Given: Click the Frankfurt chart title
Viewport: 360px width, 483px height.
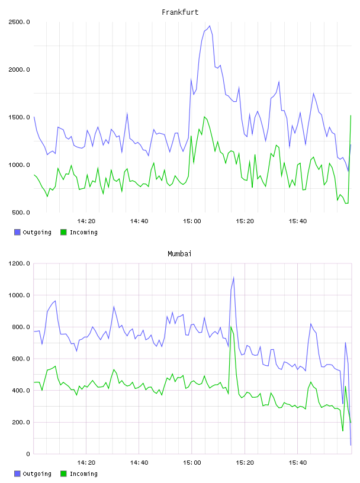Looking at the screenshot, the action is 180,12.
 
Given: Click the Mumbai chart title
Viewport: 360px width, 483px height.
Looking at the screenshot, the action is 179,254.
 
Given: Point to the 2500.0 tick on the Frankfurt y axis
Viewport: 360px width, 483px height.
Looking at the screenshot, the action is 19,22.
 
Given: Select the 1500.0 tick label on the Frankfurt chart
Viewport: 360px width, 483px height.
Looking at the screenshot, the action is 19,117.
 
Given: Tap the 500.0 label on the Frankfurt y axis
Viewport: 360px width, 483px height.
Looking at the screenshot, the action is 21,212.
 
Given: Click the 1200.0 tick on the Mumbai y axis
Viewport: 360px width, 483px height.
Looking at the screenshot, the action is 19,263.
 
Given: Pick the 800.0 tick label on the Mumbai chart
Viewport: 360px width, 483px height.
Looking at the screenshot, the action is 21,327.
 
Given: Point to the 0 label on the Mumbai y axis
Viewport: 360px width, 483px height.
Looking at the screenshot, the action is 28,454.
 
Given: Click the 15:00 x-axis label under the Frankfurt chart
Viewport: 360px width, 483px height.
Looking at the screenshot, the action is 192,221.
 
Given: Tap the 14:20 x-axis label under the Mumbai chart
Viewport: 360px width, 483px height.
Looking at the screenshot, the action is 86,463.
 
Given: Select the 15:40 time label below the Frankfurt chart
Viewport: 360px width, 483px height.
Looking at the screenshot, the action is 298,221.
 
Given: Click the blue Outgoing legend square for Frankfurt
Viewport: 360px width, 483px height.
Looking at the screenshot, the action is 17,232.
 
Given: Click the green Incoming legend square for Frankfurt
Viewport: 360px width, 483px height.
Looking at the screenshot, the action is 63,232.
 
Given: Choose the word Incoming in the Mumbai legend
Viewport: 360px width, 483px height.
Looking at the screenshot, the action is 83,474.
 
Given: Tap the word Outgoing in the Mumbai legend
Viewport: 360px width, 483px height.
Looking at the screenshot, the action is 37,474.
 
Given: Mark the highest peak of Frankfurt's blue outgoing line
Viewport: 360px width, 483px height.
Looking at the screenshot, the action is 210,26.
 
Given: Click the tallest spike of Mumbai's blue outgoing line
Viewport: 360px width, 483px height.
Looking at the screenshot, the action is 234,278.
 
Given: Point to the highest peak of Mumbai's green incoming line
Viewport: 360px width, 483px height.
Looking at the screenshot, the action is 231,327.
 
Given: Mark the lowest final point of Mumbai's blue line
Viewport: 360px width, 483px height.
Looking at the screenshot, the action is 351,445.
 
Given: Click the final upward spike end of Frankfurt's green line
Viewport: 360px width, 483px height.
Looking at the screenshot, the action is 351,115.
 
